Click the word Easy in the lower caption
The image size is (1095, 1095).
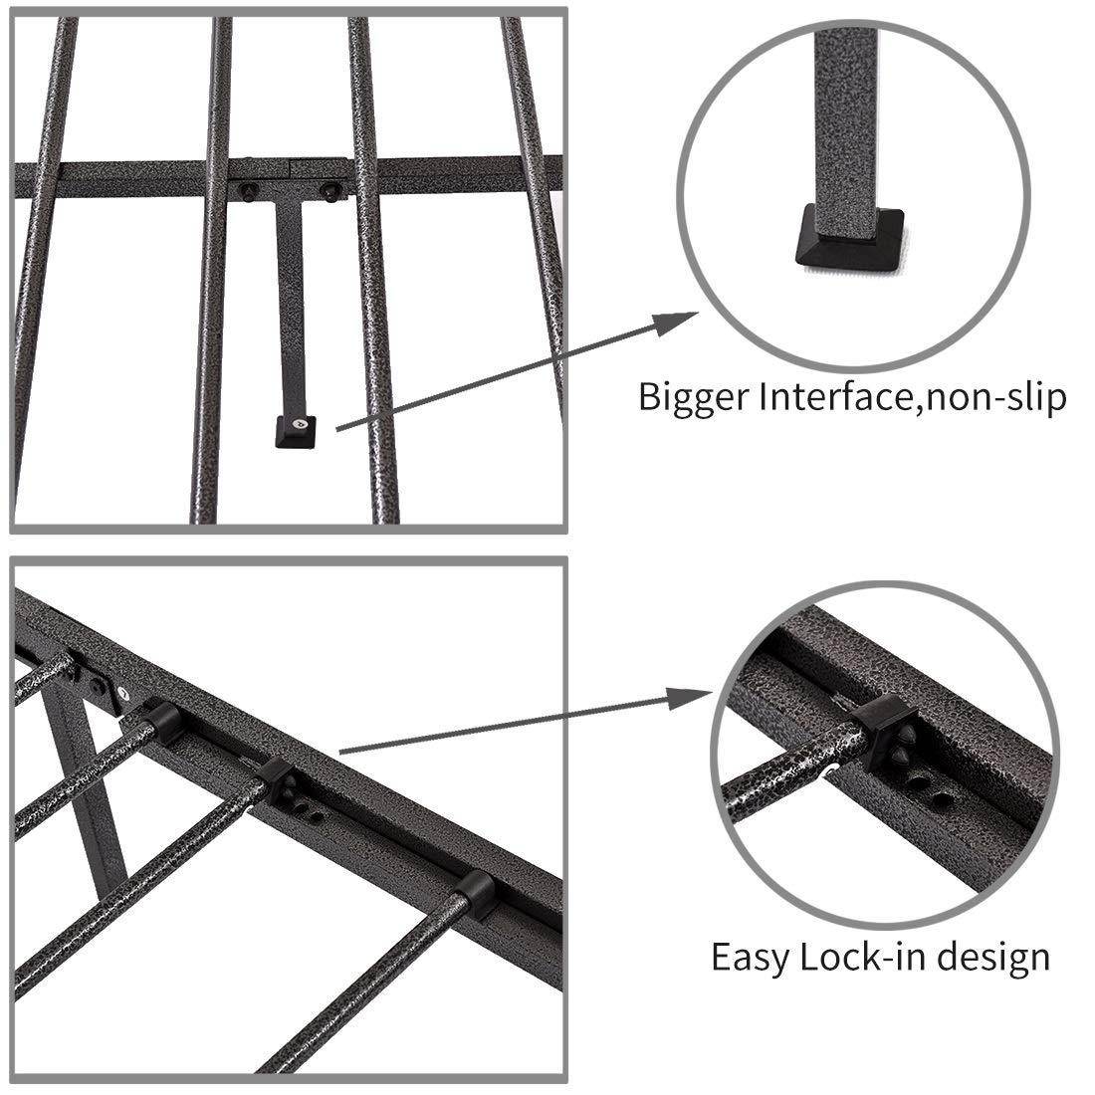click(750, 957)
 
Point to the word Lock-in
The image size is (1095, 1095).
click(862, 957)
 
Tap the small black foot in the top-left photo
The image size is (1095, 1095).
click(296, 431)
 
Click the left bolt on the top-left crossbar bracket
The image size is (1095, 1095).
click(248, 190)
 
